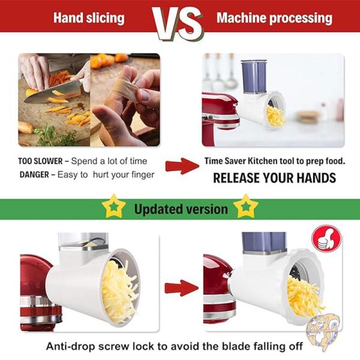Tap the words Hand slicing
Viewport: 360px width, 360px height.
[89, 18]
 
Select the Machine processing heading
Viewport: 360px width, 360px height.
[274, 18]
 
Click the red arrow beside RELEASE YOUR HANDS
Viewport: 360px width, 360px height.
[182, 166]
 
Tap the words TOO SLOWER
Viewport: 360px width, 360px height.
[40, 161]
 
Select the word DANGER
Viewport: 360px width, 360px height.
[34, 175]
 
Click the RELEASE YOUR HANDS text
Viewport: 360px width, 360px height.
[275, 178]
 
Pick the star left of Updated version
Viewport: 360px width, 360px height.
[113, 206]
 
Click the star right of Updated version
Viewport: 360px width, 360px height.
[246, 206]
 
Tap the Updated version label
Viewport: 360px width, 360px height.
[181, 209]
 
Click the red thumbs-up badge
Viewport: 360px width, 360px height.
[326, 239]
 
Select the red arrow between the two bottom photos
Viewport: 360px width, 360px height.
[182, 288]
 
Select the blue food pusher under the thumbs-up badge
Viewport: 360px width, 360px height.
[264, 242]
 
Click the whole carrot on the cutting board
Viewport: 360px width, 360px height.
[26, 128]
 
